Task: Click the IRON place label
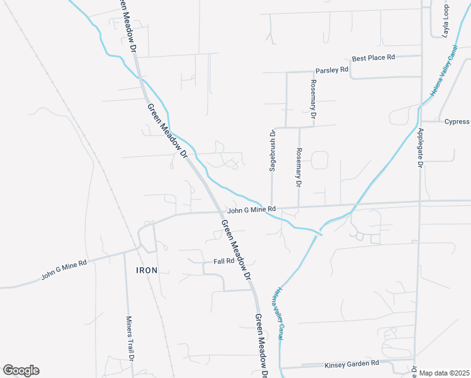pos(145,270)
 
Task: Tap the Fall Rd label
pos(224,261)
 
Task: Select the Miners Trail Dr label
pos(131,338)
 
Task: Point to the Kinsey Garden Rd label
pos(351,364)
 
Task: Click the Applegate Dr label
pos(421,147)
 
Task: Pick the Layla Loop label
pos(445,21)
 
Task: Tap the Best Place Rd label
pos(373,57)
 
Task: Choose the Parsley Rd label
pos(331,70)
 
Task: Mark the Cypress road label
pos(457,122)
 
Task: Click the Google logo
pos(21,370)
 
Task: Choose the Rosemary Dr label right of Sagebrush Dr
pos(298,168)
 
